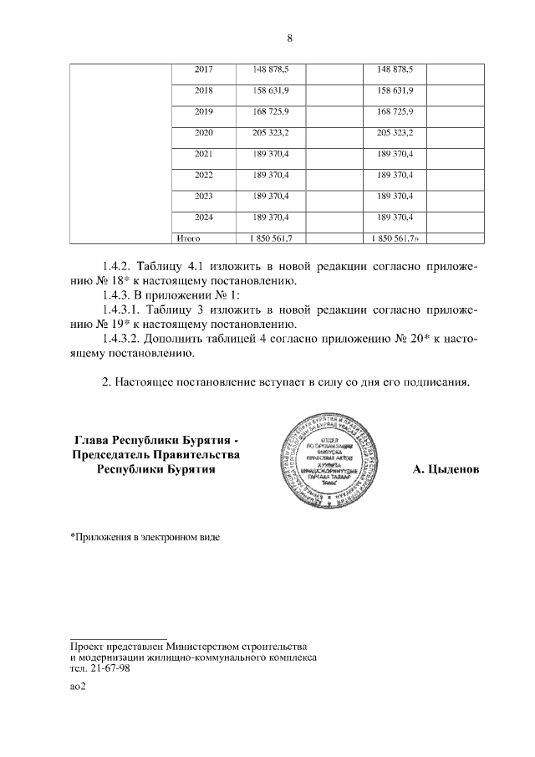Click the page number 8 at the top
pyautogui.click(x=289, y=38)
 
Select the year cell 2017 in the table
pyautogui.click(x=203, y=69)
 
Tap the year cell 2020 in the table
pyautogui.click(x=203, y=133)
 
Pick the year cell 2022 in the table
pyautogui.click(x=203, y=175)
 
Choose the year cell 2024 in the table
pyautogui.click(x=203, y=217)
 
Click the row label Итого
pyautogui.click(x=185, y=238)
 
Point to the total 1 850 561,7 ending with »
pyautogui.click(x=395, y=238)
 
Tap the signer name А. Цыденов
pyautogui.click(x=446, y=469)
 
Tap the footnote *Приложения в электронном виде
pyautogui.click(x=145, y=535)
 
